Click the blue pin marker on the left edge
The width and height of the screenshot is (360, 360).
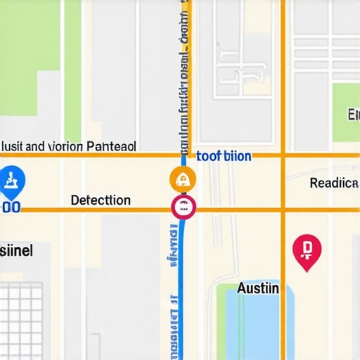(x=12, y=180)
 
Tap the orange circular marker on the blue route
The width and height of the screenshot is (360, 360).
(x=182, y=179)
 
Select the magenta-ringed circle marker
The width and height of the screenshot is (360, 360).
(x=183, y=207)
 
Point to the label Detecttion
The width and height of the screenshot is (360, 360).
(x=101, y=200)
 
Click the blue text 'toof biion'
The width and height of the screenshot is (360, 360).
(x=224, y=156)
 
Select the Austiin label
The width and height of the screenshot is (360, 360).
(x=258, y=288)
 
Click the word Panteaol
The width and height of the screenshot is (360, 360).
(x=110, y=146)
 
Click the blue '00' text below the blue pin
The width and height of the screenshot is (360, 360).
(x=11, y=208)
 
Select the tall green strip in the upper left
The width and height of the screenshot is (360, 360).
(x=72, y=70)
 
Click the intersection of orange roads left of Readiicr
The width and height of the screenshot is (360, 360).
(x=283, y=155)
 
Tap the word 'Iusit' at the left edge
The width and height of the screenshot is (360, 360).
(x=13, y=147)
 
